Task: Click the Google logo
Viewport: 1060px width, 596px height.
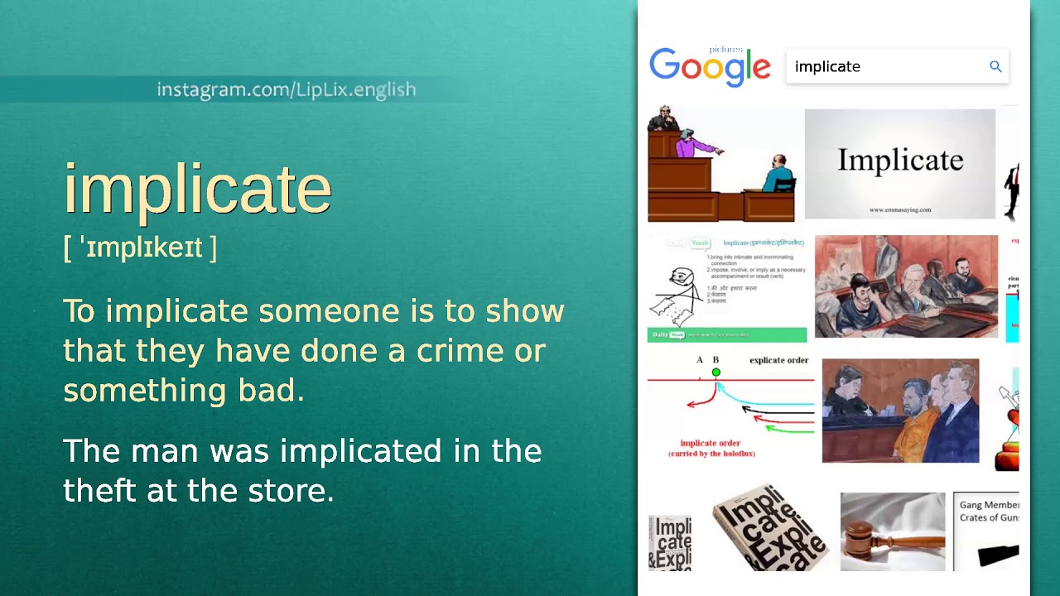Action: [710, 67]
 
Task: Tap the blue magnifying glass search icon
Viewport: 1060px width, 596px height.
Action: [995, 66]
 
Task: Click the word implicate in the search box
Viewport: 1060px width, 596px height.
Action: [827, 67]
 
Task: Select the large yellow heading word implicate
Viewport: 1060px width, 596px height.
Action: [197, 189]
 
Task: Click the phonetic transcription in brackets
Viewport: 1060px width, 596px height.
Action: [140, 248]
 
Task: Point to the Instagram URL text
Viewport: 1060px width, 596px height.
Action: [287, 89]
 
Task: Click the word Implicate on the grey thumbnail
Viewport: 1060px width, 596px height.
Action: [900, 160]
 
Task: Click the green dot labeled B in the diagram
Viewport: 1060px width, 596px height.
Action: [716, 372]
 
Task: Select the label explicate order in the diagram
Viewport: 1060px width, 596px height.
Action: [778, 360]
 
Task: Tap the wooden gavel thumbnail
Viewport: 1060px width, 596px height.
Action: [892, 531]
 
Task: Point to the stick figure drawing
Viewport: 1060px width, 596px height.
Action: [681, 294]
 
